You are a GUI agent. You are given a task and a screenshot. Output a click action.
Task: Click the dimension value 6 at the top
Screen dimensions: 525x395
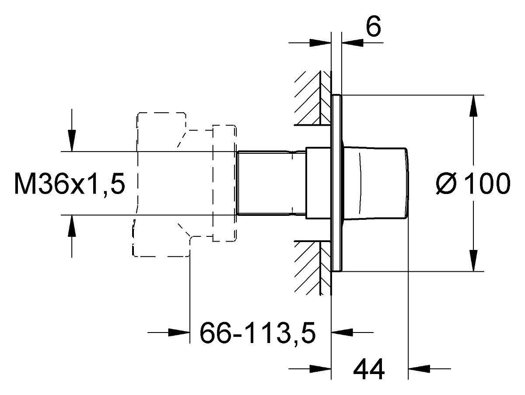point(373,27)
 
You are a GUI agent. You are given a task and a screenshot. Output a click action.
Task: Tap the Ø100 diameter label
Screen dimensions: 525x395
point(473,183)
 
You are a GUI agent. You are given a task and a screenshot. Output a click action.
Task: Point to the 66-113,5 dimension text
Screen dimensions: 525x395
point(258,333)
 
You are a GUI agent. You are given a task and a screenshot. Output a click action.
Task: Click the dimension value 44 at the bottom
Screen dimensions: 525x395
point(369,369)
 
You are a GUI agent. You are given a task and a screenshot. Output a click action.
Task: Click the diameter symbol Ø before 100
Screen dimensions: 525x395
point(446,183)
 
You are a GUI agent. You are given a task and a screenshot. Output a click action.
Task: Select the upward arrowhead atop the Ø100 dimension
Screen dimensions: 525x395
point(473,106)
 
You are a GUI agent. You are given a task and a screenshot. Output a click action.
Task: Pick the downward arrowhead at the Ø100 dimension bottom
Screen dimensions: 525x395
point(473,260)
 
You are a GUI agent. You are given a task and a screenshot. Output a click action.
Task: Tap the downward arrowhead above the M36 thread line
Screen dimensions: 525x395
point(72,141)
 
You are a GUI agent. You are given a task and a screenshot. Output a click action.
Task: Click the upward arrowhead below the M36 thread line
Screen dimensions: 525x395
point(72,226)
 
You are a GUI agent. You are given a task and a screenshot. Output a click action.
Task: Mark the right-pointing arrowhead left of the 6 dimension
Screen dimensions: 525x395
point(320,43)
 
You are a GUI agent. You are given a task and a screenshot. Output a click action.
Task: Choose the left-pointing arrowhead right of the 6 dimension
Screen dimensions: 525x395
point(353,43)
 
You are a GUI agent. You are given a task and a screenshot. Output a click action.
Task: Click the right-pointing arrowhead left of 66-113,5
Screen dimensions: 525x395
point(179,333)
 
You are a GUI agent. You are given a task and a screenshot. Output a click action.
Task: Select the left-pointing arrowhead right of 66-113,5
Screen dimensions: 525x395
point(342,333)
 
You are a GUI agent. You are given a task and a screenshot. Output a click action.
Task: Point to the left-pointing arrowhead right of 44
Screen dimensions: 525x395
point(419,369)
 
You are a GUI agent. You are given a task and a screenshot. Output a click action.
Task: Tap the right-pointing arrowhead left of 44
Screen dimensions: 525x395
point(320,369)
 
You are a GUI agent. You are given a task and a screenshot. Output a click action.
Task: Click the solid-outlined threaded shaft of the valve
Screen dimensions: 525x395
point(271,183)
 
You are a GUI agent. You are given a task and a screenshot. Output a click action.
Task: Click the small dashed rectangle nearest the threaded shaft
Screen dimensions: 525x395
point(224,183)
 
